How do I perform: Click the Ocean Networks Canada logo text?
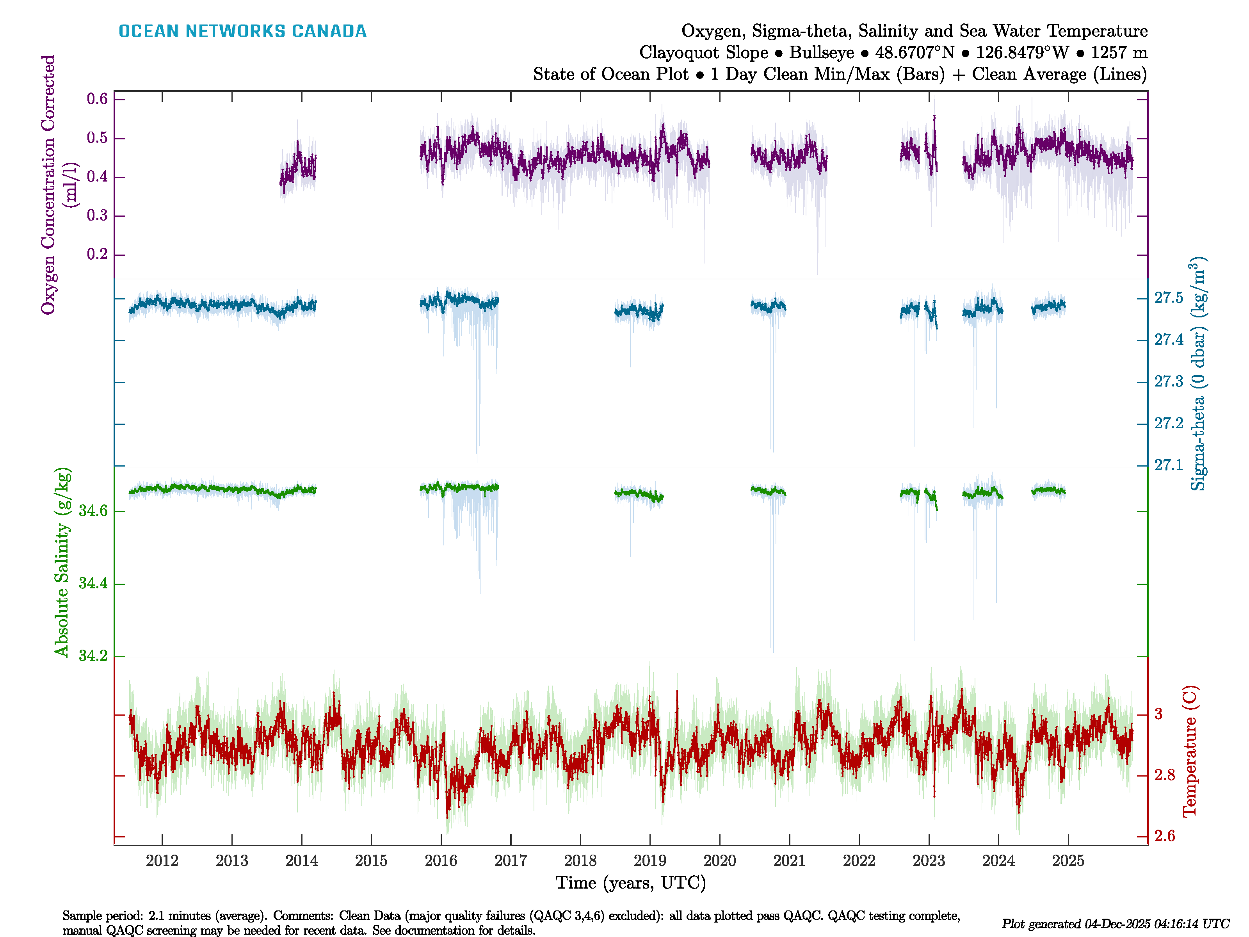click(x=242, y=31)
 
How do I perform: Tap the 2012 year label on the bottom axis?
click(x=162, y=861)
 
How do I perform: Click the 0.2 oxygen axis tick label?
click(x=97, y=254)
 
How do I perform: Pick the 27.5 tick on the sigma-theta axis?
click(x=1168, y=297)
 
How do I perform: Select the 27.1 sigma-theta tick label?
click(x=1168, y=465)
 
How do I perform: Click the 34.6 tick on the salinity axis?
click(x=93, y=511)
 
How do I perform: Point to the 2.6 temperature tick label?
click(x=1164, y=836)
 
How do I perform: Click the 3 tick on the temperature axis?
click(x=1158, y=714)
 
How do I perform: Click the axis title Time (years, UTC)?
click(x=631, y=883)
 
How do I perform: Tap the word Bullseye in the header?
click(x=822, y=53)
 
